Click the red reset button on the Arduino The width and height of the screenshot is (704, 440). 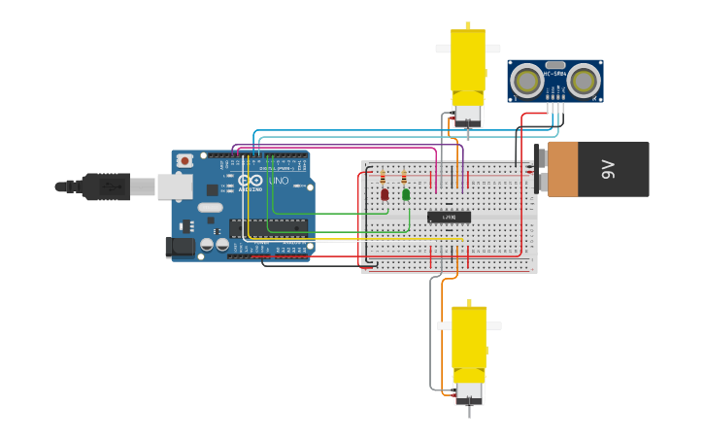click(184, 160)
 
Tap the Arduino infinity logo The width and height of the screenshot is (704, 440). click(251, 181)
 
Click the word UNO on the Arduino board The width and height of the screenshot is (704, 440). click(278, 181)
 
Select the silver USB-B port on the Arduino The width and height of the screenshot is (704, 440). click(175, 186)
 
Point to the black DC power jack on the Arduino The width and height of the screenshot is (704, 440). click(181, 248)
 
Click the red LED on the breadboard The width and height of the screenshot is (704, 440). click(385, 194)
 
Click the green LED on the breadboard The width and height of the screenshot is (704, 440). click(406, 194)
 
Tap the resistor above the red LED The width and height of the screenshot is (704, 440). click(383, 178)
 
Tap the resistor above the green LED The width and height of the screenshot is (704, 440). click(404, 178)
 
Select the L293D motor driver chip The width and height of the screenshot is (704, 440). click(449, 217)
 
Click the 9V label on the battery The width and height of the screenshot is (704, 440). click(609, 169)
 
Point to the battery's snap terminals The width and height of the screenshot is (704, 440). click(541, 169)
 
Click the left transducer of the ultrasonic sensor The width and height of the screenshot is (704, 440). click(526, 81)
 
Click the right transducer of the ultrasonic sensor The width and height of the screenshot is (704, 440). click(584, 81)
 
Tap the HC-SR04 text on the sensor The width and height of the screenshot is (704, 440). click(554, 74)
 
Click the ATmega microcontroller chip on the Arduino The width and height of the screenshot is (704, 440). click(269, 226)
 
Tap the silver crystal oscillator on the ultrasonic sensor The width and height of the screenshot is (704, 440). click(555, 65)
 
